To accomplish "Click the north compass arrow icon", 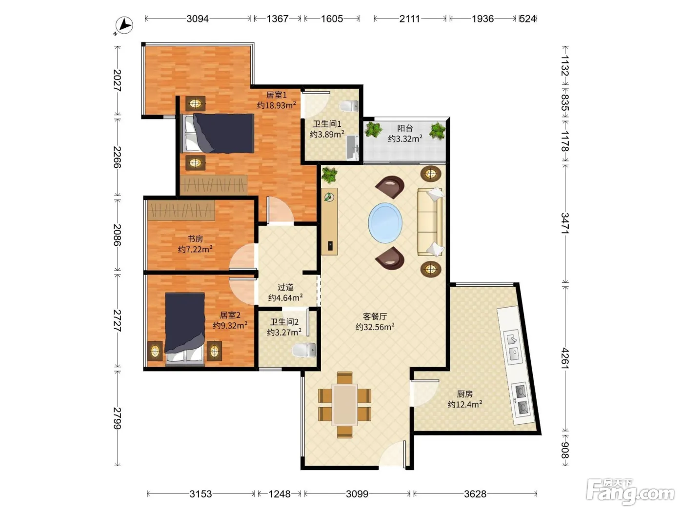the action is (x=124, y=25).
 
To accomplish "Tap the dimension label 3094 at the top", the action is (x=197, y=19).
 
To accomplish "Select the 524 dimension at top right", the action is (x=527, y=19).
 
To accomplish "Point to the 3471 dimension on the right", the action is (x=565, y=223).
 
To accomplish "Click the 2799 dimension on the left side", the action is (x=117, y=418).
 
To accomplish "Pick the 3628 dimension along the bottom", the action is (x=475, y=493).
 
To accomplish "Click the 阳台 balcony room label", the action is (x=405, y=128).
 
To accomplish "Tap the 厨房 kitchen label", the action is (x=464, y=394).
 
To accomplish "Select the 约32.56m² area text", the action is (x=375, y=327).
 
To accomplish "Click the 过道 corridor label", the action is (x=285, y=287).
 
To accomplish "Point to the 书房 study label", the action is (x=195, y=239).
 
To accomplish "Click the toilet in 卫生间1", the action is (x=349, y=106).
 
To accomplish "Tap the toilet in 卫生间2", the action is (x=304, y=350).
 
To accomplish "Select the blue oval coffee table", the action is (x=385, y=223).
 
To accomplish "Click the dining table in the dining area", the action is (x=344, y=405).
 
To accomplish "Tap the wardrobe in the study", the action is (x=181, y=211).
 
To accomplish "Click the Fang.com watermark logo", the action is (x=630, y=492).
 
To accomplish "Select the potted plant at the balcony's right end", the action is (x=437, y=130).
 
